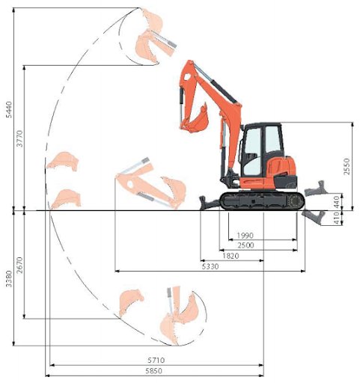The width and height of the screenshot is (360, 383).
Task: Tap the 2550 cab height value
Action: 346,166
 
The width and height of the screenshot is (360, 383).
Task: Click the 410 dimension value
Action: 346,217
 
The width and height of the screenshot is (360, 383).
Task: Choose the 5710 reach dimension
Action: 155,360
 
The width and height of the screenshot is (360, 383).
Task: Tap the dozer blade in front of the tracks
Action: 209,200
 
